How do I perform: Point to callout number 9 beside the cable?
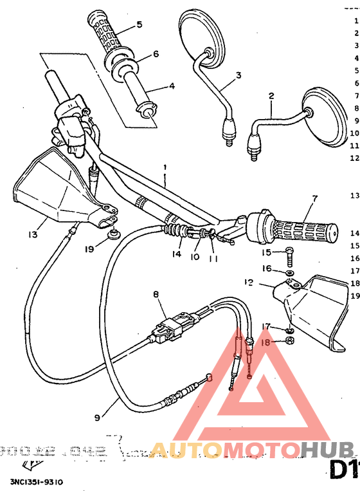[97, 418]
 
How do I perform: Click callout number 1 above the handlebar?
[165, 167]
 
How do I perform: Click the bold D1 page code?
[343, 469]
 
